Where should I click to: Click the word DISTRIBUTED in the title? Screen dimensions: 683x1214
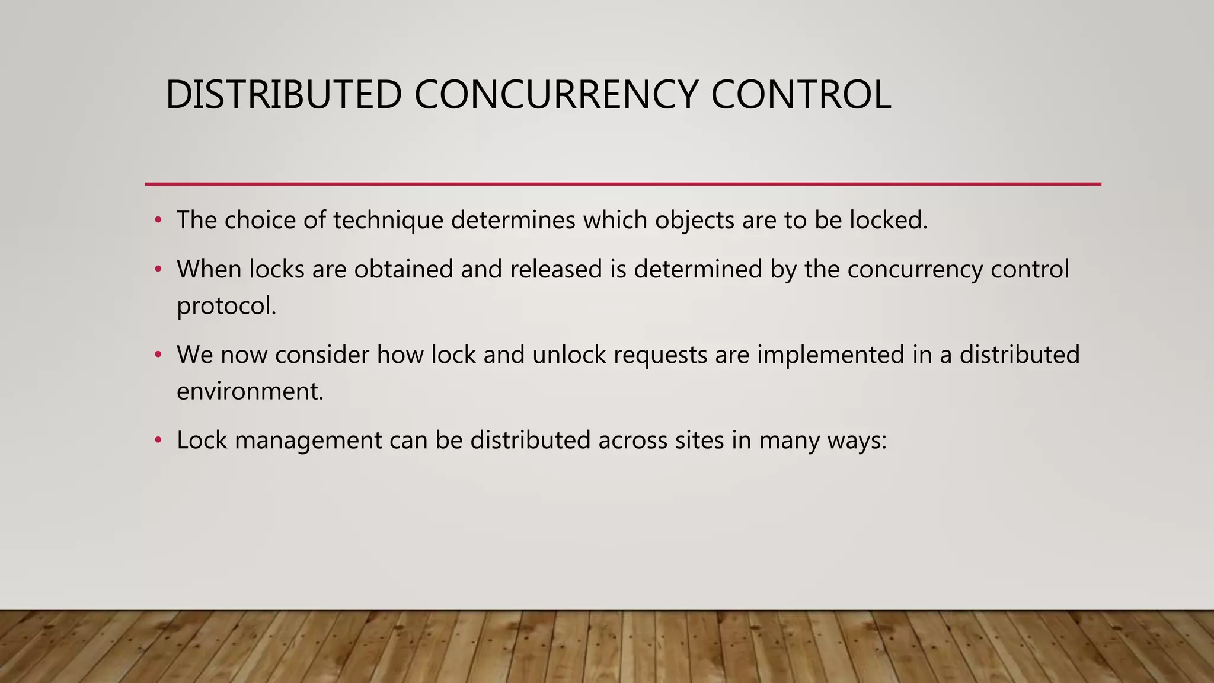coord(283,95)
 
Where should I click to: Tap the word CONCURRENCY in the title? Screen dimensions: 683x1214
coord(555,95)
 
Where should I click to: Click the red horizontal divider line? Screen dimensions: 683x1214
coord(622,184)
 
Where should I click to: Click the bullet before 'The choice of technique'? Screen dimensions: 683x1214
coord(158,221)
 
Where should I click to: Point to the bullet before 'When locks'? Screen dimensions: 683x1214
coord(158,270)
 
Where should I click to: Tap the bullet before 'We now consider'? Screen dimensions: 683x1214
coord(158,355)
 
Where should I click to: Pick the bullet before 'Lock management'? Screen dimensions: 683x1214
coord(158,441)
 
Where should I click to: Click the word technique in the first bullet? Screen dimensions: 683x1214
coord(388,221)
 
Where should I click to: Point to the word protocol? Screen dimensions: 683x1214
coord(226,307)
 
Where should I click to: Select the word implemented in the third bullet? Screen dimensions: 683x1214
coord(830,355)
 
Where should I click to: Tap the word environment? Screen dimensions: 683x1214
coord(250,391)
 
